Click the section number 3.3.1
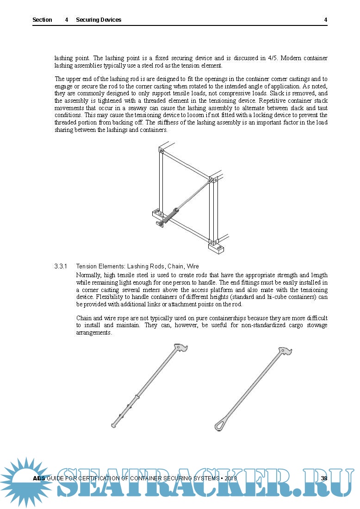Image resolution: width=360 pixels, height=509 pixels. point(61,267)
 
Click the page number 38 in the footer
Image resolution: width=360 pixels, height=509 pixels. point(324,478)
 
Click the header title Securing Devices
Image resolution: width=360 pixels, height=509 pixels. point(99,20)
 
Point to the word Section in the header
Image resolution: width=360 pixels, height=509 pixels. point(42,20)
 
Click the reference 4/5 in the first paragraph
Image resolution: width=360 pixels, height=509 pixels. point(273,58)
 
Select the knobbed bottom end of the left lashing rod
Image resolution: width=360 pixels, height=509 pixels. point(114,424)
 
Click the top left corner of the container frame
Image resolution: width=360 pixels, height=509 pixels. point(161,150)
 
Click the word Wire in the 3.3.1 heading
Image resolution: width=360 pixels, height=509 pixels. point(192,267)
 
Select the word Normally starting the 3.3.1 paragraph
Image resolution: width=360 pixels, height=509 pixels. point(89,275)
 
